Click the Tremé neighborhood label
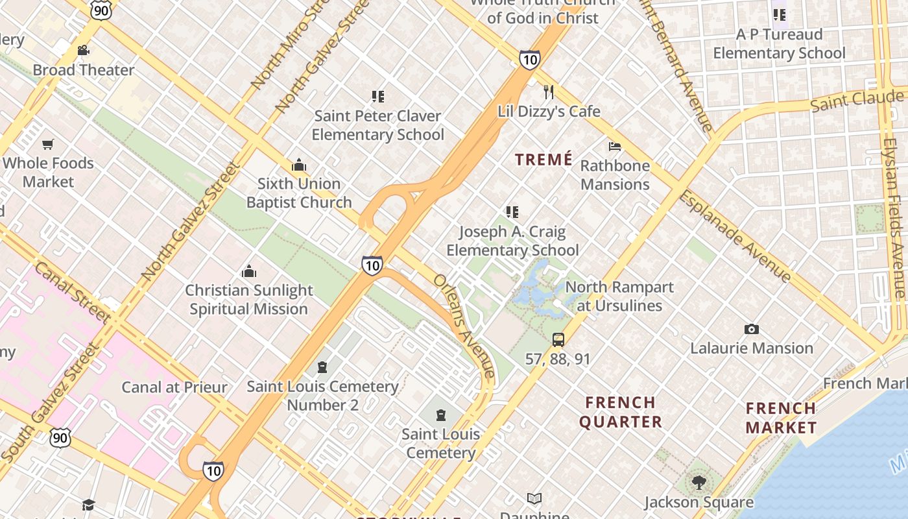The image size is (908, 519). pos(544,160)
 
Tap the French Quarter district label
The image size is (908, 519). pos(621,412)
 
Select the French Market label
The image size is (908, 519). pos(781,418)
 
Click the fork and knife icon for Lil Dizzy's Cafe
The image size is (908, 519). pos(549,91)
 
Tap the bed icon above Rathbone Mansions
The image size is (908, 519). pos(614,146)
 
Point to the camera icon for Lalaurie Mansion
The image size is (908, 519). pos(751,329)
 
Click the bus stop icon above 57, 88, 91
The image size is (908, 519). pos(558,339)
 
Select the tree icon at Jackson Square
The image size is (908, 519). pos(699,482)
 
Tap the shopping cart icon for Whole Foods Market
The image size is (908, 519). pos(48,144)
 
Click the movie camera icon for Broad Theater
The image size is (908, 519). pos(83,51)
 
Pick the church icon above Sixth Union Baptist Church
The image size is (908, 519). pos(298,165)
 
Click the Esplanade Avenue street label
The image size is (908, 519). pos(735,237)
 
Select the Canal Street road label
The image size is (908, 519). pos(71,292)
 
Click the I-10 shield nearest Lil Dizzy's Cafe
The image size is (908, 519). pos(529,60)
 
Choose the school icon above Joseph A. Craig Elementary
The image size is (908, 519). pos(512,212)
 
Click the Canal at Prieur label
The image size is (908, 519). pos(174,387)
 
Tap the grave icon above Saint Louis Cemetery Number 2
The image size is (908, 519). pos(322,368)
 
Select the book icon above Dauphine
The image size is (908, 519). pos(534,498)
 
